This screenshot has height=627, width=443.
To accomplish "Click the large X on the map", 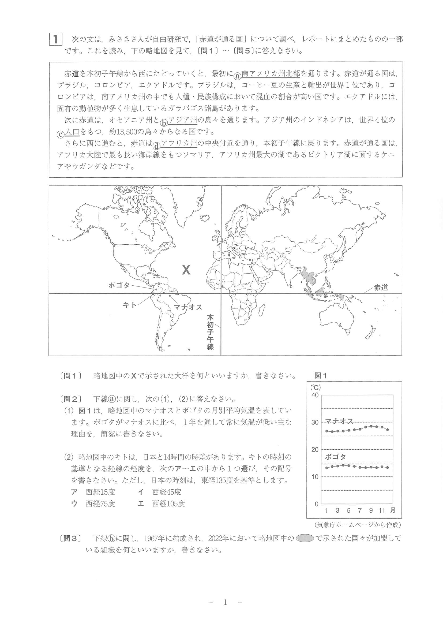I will pos(186,270).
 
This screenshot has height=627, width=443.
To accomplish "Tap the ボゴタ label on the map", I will pos(119,285).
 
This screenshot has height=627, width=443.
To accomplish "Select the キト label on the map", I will pos(130,305).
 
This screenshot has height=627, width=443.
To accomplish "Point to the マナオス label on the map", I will pos(188,307).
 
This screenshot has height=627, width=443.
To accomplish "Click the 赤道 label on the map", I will pos(381,288).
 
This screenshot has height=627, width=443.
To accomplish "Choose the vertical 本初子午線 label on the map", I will pos(210,332).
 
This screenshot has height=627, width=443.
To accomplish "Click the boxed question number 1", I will pos(56,39).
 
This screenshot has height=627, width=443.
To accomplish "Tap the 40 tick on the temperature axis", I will pos(315,395).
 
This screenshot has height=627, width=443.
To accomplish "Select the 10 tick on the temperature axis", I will pos(315,477).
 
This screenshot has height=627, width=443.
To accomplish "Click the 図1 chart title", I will pos(320,376).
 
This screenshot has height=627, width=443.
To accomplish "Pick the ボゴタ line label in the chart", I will pos(335,457).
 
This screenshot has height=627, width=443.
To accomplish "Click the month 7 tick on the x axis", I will pos(359,510).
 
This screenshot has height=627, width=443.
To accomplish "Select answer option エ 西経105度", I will pos(162,503).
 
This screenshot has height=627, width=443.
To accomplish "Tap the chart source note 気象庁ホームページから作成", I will pos(358,525).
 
